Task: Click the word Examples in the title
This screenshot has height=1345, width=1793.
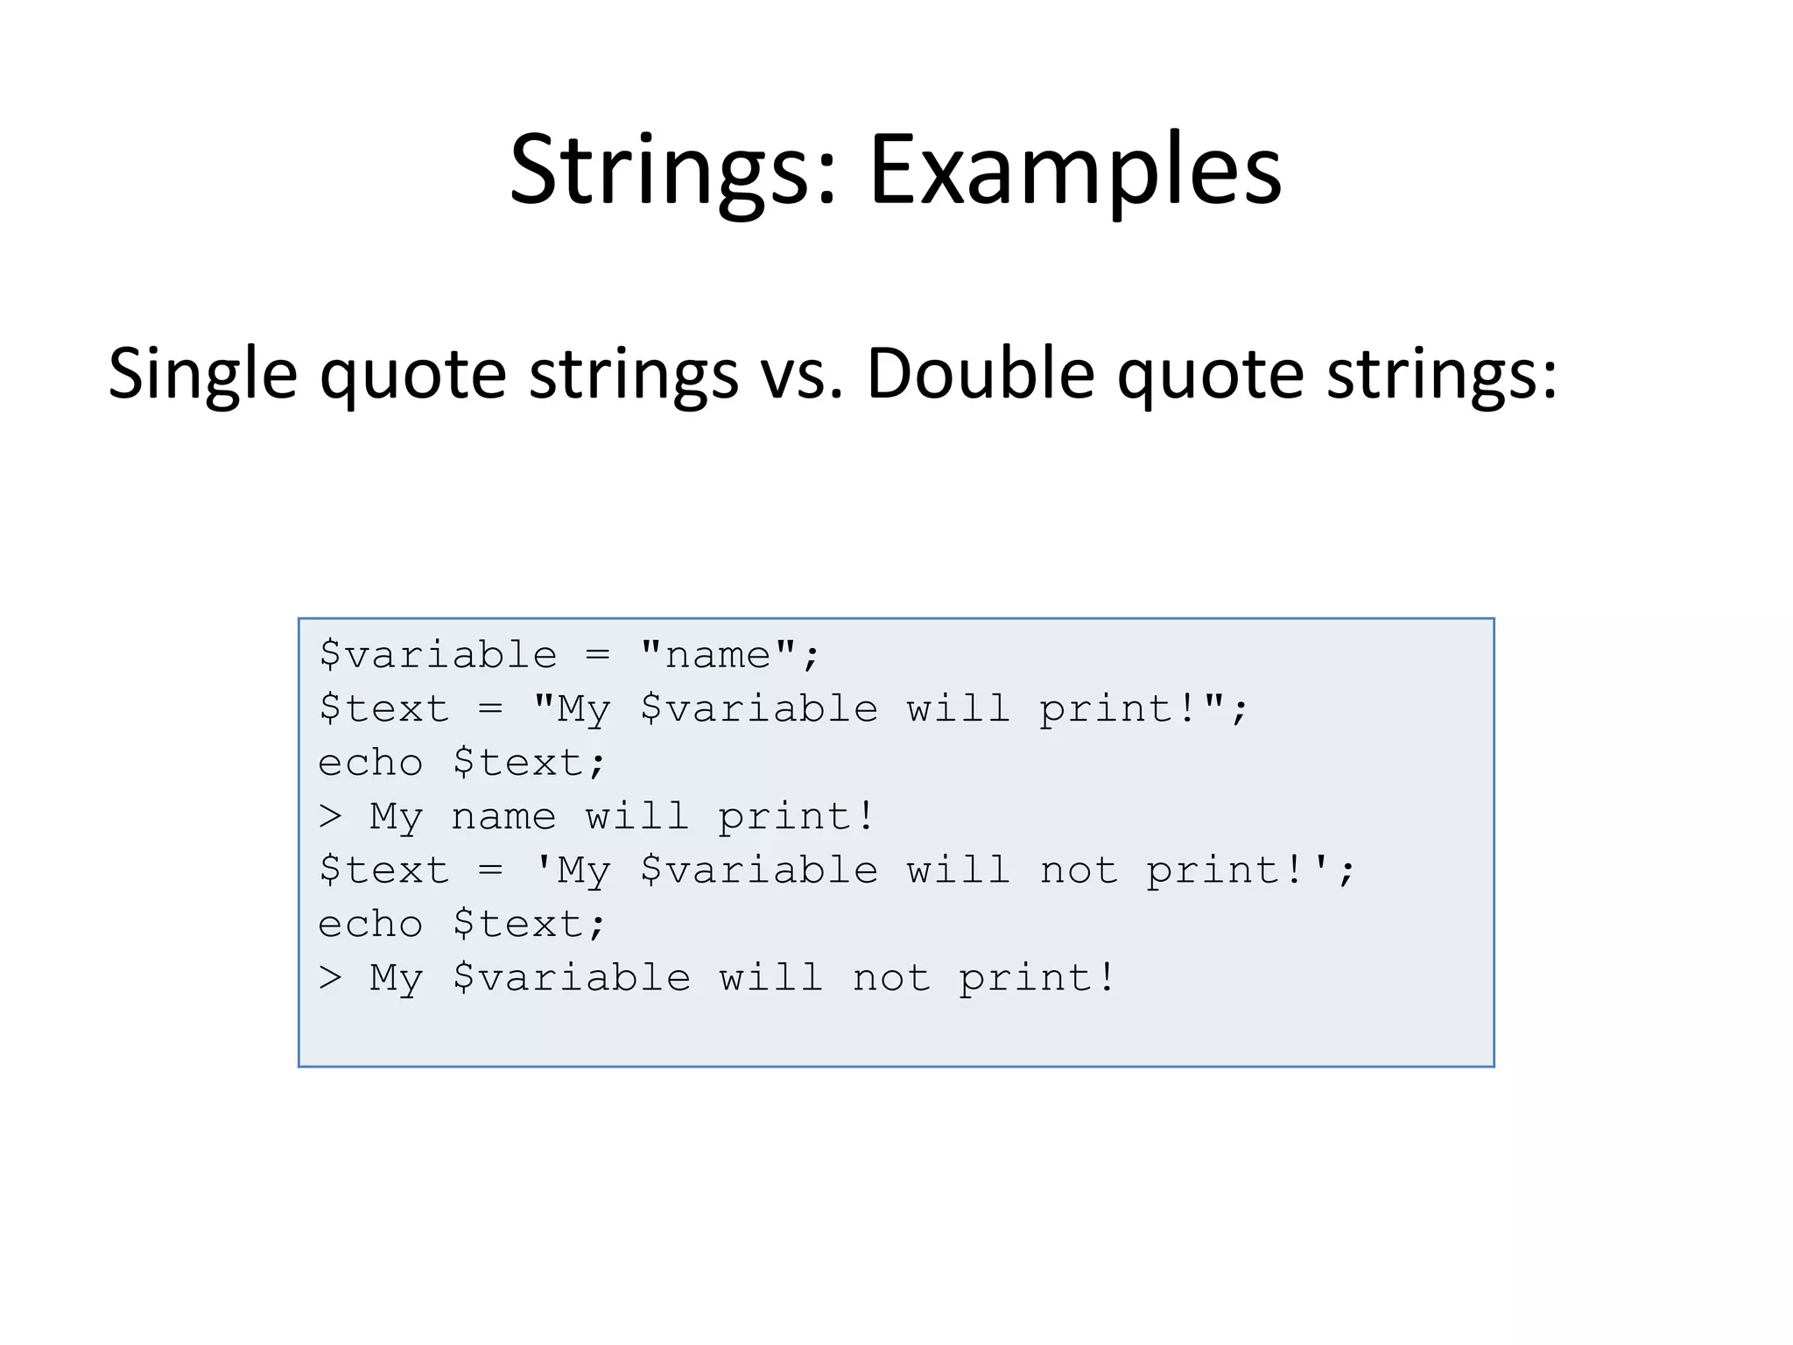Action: tap(1074, 170)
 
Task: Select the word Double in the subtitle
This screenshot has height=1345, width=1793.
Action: tap(980, 372)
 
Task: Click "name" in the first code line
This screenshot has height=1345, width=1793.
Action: tap(718, 655)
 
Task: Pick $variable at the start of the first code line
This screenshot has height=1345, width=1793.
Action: tap(438, 655)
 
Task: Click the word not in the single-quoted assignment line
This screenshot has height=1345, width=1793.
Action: tap(1079, 870)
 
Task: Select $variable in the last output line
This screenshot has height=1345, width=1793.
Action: tap(572, 978)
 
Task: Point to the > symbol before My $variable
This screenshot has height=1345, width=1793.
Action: tap(330, 978)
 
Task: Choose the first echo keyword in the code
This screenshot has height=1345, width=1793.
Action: tap(370, 763)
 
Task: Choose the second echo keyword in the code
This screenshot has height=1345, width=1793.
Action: tap(370, 925)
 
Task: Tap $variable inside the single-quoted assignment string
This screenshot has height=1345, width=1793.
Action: tap(759, 870)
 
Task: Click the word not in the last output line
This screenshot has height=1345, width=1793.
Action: tap(891, 978)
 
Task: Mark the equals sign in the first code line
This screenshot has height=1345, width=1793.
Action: tap(598, 655)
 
